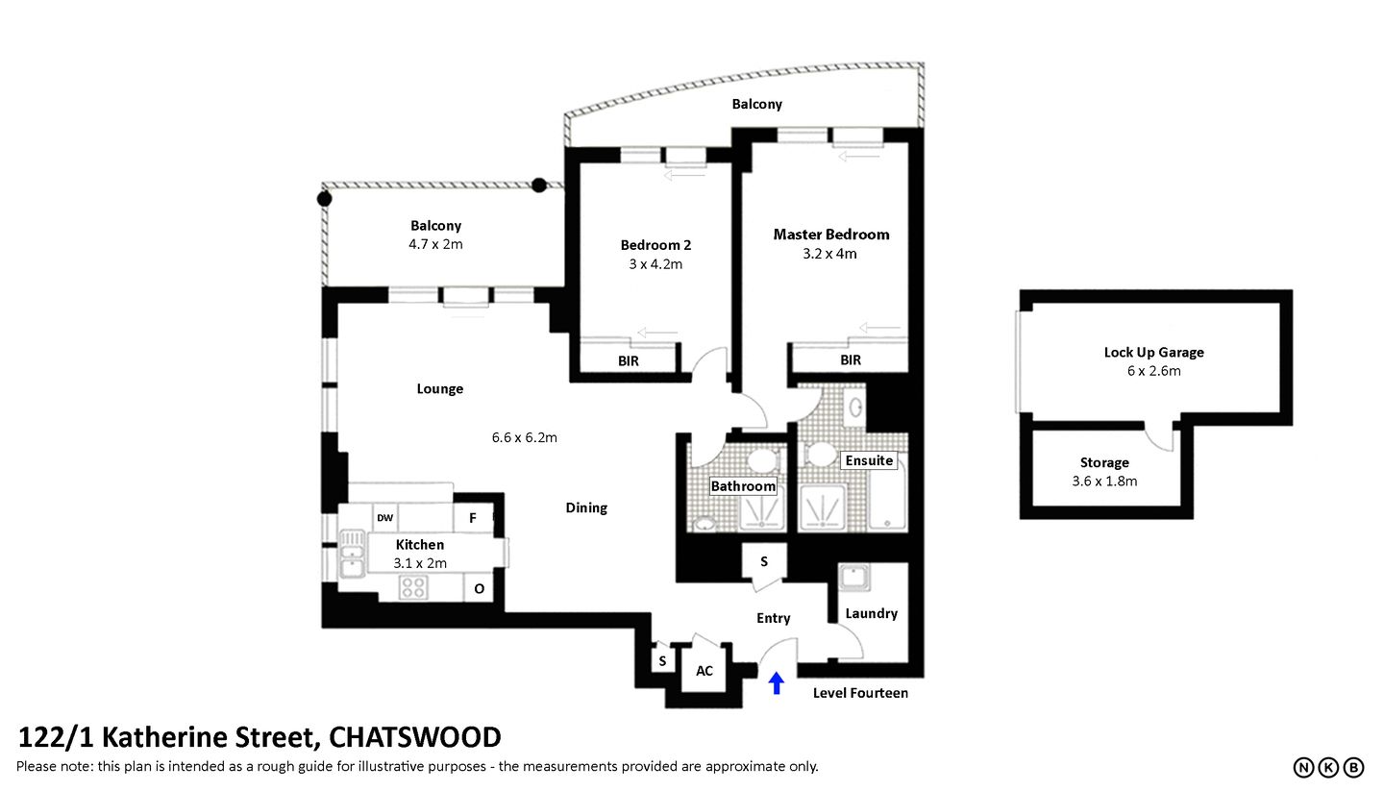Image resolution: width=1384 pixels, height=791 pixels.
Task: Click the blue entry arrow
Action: coord(777,683)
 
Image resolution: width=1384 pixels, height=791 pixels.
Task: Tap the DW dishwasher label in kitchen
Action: coord(384,518)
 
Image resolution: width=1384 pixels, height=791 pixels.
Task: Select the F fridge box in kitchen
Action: coord(472,518)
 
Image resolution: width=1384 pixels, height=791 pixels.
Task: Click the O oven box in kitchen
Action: coord(479,588)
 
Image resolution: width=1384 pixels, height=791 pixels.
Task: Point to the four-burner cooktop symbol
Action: coord(413,587)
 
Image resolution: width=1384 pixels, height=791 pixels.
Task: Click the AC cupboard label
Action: coord(704,671)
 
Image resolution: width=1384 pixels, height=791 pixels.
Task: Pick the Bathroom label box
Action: coord(743,486)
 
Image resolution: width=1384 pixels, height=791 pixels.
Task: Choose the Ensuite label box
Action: coord(869,460)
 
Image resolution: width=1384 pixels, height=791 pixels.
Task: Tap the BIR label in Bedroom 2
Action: coord(629,361)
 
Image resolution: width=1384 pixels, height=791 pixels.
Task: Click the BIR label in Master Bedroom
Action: coord(851,360)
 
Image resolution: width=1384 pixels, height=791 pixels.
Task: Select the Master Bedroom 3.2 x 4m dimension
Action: coord(831,254)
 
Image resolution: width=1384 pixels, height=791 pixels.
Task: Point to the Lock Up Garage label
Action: coord(1153,352)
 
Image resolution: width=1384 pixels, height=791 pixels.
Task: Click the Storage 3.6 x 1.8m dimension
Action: coord(1104,481)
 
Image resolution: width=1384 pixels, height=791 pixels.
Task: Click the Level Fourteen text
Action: coord(860,693)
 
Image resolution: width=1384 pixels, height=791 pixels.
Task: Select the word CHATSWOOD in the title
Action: coord(414,737)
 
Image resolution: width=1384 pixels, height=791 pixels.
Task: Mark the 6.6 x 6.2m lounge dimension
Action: coord(525,437)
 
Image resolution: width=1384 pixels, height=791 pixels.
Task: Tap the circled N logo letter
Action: coord(1303,767)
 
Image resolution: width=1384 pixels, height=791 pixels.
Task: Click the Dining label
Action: coord(586,507)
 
